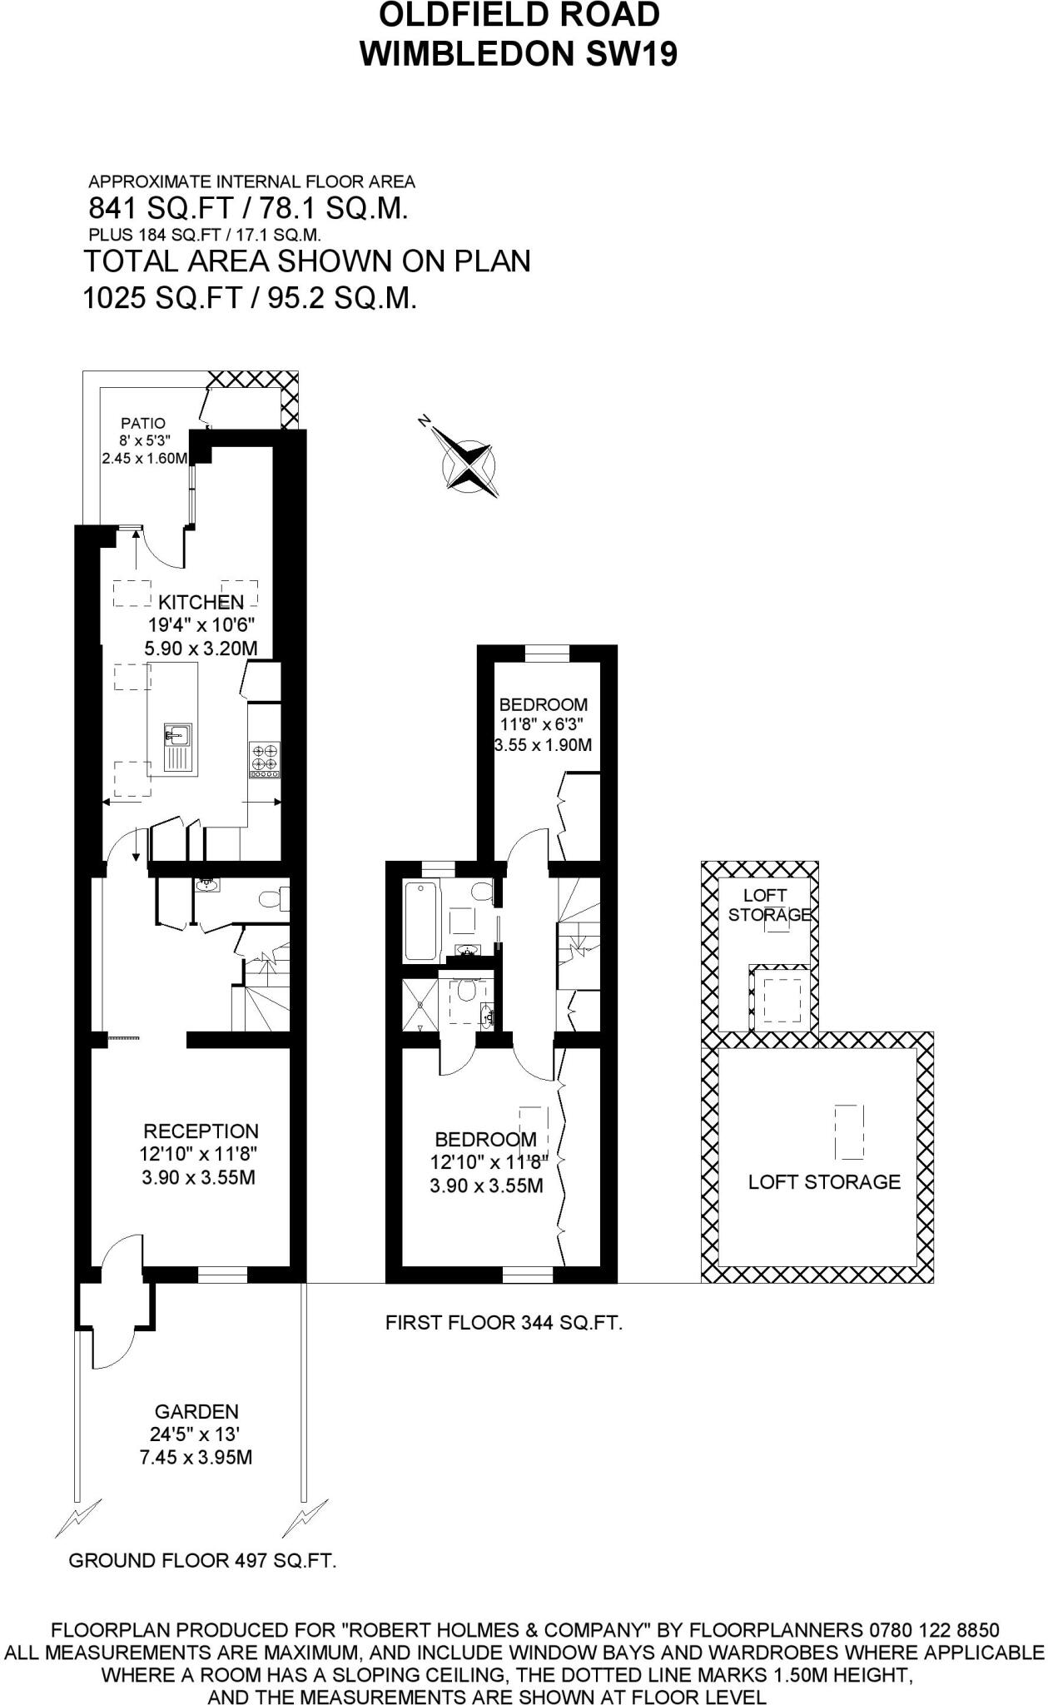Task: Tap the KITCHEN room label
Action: [x=201, y=602]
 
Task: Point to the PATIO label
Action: [x=142, y=424]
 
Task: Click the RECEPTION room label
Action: [x=201, y=1131]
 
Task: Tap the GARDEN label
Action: [x=196, y=1412]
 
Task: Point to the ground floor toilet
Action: [x=271, y=900]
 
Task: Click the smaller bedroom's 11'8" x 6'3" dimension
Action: [x=543, y=724]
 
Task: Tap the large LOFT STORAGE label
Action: [x=823, y=1182]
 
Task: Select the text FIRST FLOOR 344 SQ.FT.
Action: [x=504, y=1322]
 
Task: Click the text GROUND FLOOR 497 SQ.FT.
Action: [x=202, y=1561]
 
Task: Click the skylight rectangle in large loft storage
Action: [x=848, y=1131]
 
